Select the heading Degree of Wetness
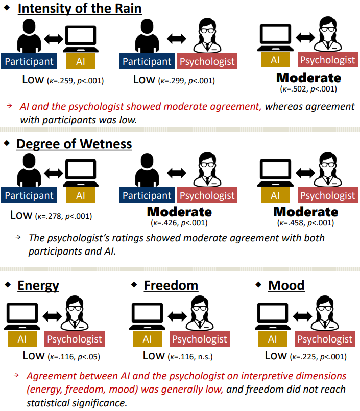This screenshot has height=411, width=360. pos(74,144)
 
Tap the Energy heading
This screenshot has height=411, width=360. pos(38,285)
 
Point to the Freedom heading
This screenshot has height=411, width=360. pos(171,285)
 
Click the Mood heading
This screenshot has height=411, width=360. pos(286,285)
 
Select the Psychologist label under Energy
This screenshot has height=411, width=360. pos(75,339)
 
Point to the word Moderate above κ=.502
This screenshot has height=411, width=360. pos(308,78)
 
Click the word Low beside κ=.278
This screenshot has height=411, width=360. pos(21,215)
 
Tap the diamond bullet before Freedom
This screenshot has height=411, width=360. pos(134,284)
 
